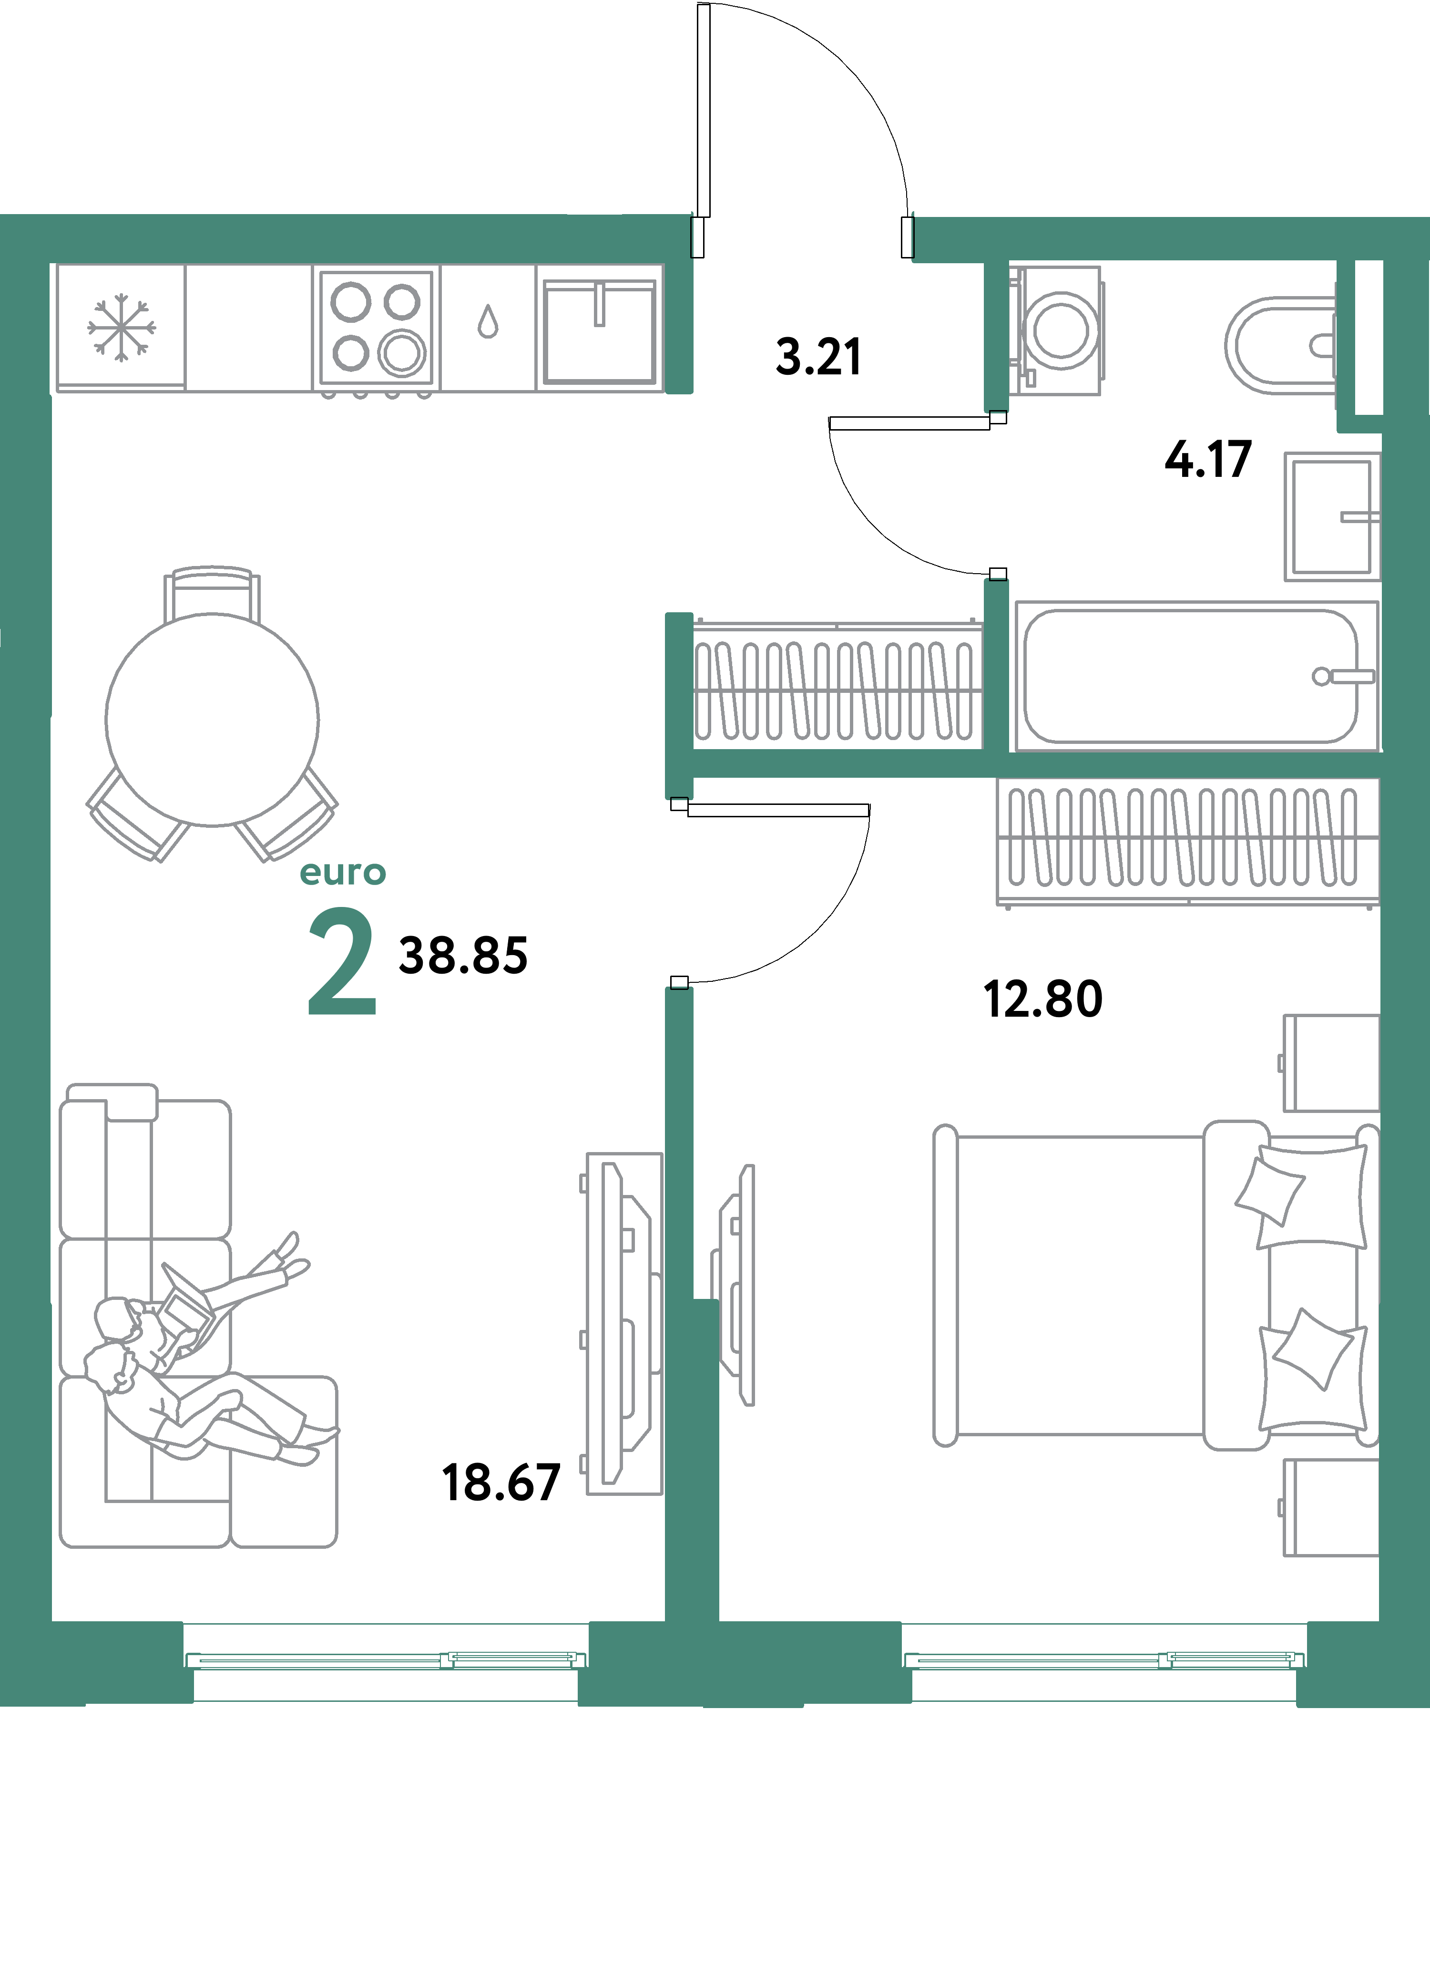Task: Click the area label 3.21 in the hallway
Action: click(818, 357)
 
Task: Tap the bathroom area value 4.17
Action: click(1208, 460)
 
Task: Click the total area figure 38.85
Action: click(463, 956)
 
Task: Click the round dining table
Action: click(213, 720)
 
